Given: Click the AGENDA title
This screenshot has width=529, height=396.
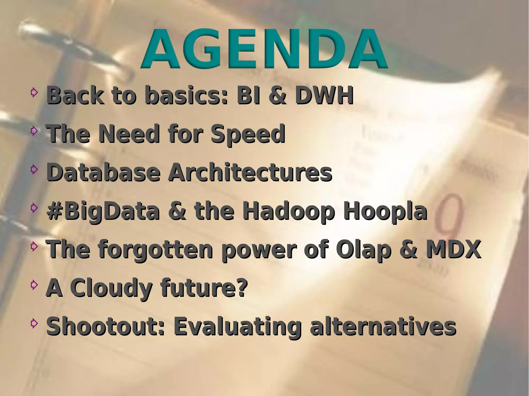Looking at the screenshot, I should (x=264, y=49).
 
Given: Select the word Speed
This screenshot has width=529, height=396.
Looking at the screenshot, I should (x=248, y=134).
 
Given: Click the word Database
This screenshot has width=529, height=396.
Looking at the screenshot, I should (x=103, y=172).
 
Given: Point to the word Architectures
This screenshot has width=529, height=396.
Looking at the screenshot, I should (x=250, y=172).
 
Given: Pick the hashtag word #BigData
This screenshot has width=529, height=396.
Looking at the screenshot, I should (x=103, y=211).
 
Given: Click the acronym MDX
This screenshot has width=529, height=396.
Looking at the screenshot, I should (x=453, y=249).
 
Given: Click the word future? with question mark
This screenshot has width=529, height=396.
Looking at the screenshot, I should (x=204, y=288).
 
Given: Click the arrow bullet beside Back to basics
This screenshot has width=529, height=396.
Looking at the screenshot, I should (x=34, y=92).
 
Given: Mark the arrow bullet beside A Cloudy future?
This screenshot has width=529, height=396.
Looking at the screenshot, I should (x=34, y=285).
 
